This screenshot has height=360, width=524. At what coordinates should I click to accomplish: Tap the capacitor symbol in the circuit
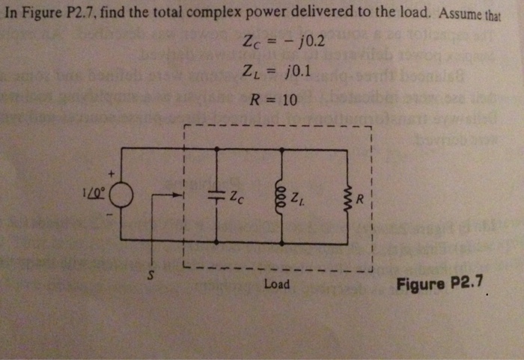[216, 195]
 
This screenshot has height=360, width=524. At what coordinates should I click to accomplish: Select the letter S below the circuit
[150, 274]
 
